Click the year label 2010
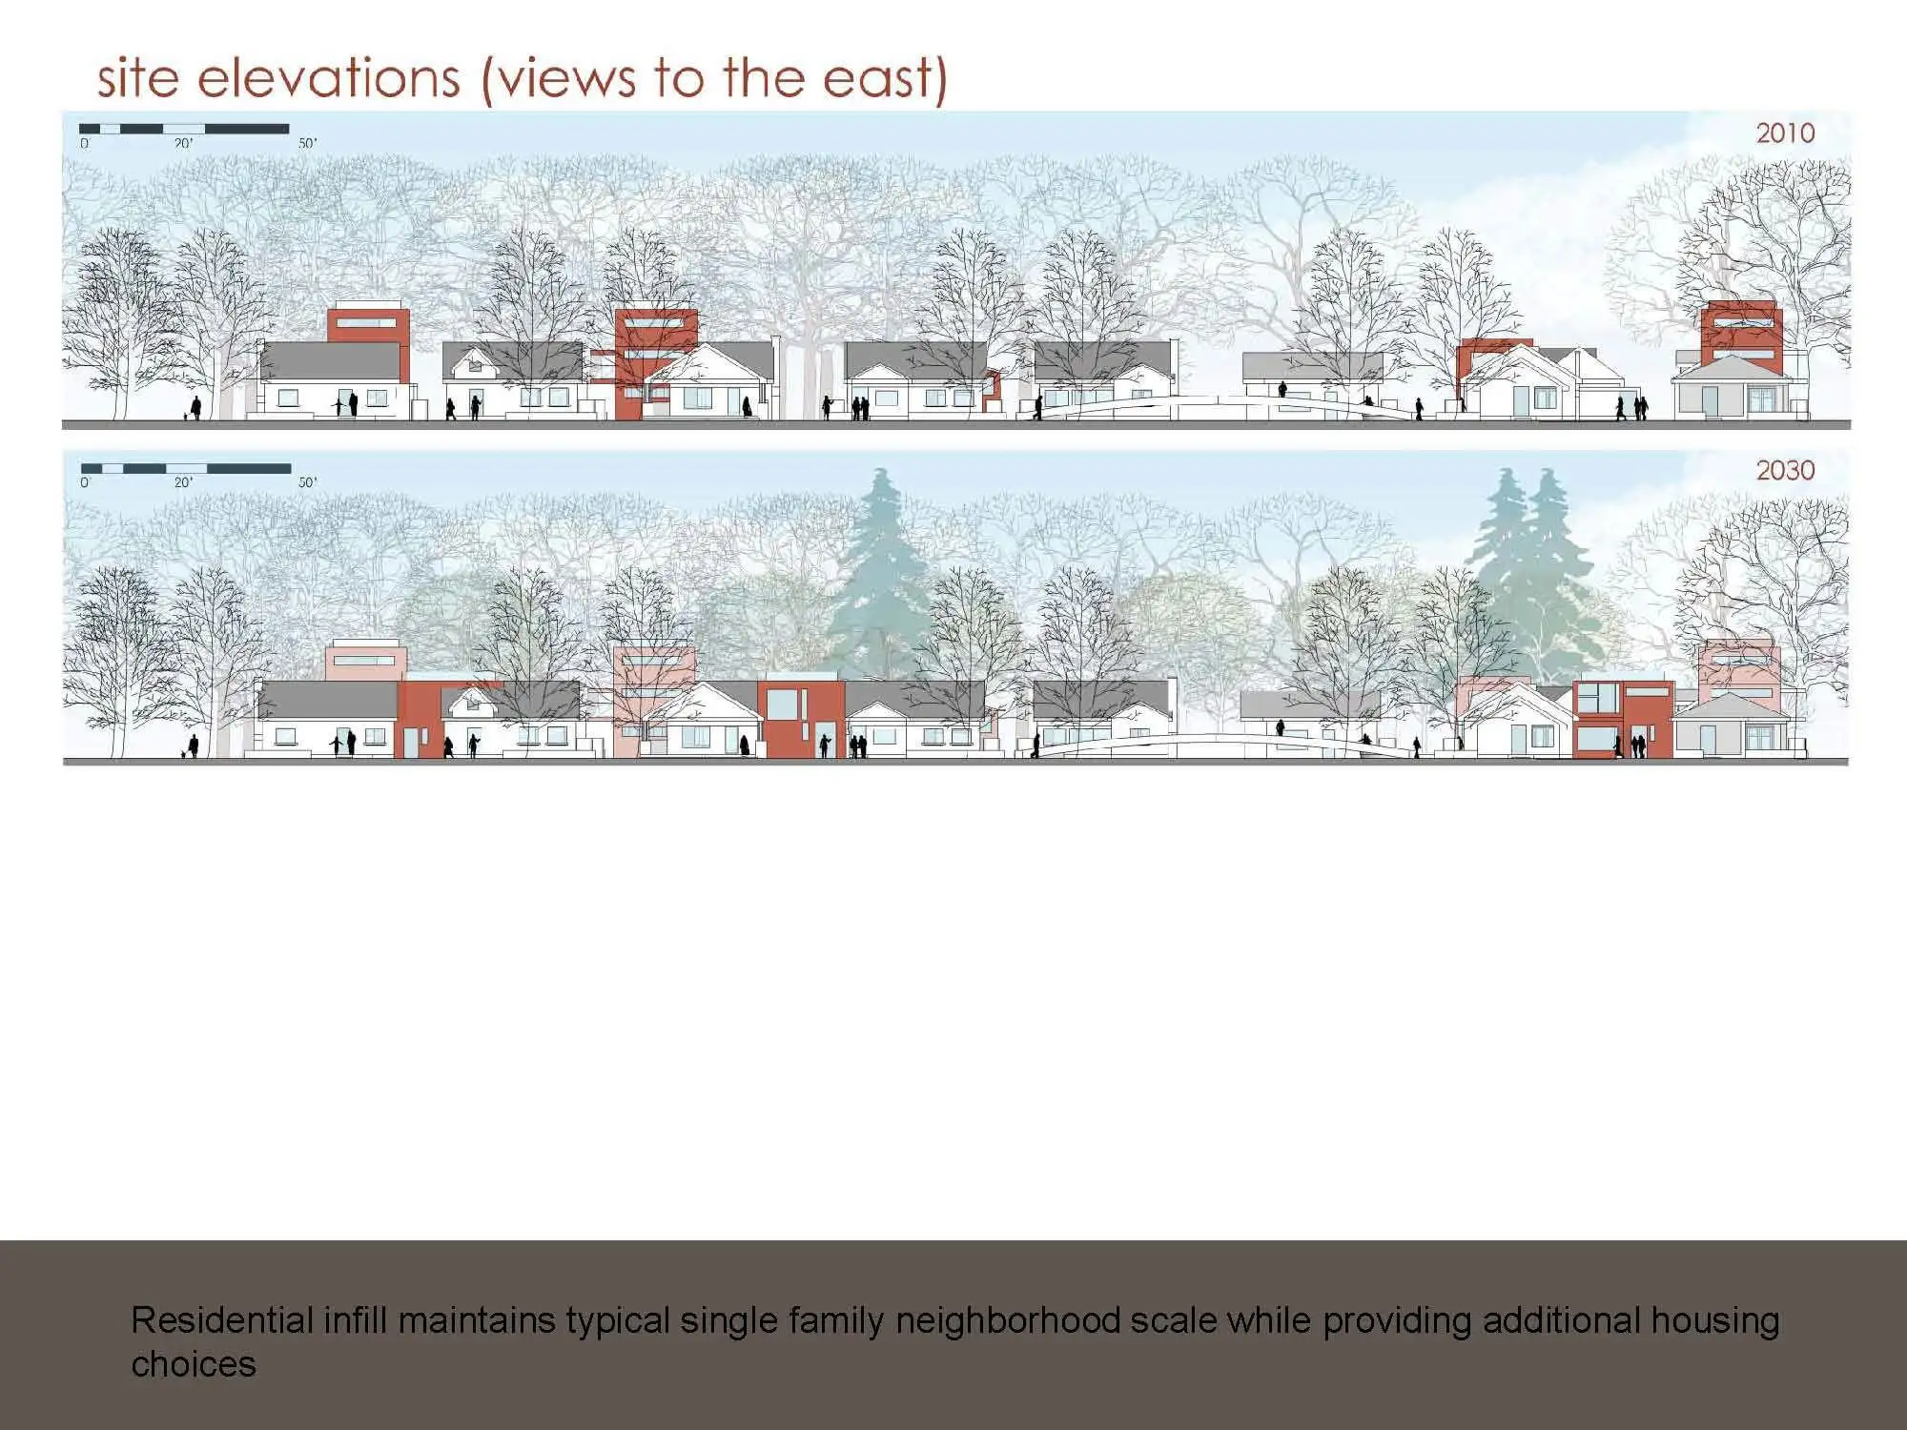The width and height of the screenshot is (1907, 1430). (1785, 133)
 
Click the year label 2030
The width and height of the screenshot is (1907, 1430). (1785, 470)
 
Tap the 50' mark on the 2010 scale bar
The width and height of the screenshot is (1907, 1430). (307, 143)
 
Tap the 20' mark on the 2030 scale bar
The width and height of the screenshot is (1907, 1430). (183, 482)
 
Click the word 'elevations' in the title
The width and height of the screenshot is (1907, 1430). (329, 77)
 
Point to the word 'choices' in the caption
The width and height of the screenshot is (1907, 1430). (194, 1364)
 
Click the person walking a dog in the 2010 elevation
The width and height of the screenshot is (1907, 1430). (195, 408)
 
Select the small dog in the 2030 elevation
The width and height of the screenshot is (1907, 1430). (183, 754)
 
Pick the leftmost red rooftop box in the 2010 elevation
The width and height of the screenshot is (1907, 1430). (369, 324)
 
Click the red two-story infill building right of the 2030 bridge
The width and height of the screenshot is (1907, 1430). (1622, 720)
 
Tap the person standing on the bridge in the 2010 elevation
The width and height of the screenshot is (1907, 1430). (1282, 389)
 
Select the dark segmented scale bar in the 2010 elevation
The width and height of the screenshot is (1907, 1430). (184, 129)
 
